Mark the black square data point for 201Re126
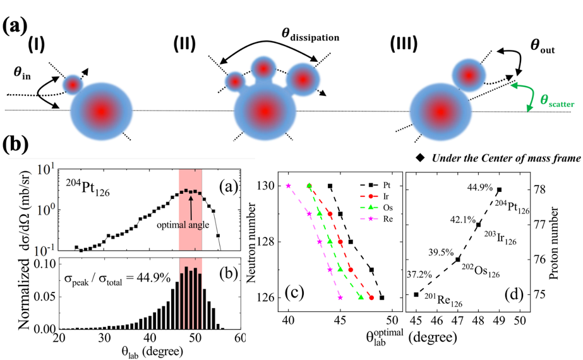pos(416,294)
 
